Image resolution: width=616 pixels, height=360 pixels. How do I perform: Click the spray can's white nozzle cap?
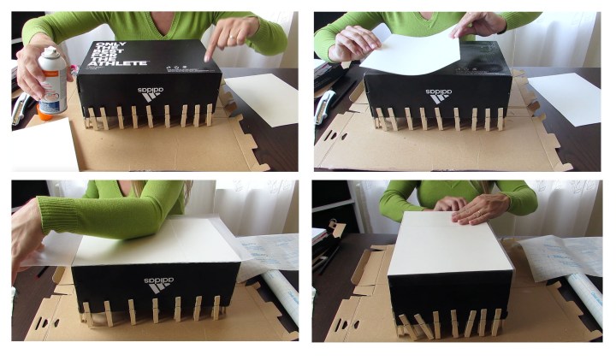click(50, 56)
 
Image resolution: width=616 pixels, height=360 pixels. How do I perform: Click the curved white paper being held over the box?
click(411, 56)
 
